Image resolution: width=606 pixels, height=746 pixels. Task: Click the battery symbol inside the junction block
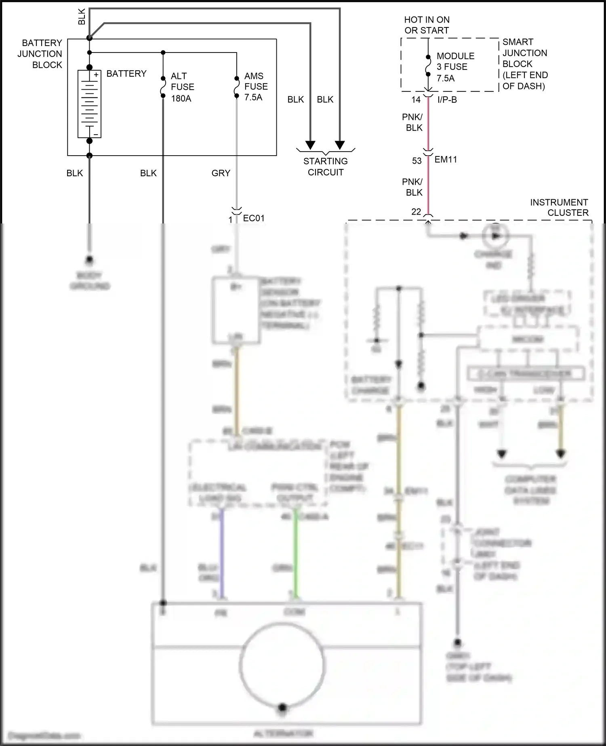pyautogui.click(x=89, y=104)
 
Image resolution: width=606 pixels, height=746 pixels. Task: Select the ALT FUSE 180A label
pyautogui.click(x=182, y=87)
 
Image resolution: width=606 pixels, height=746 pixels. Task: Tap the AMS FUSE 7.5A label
pyautogui.click(x=255, y=86)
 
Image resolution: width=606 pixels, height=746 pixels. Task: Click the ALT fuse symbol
pyautogui.click(x=163, y=87)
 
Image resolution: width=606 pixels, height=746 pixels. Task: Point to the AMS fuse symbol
pyautogui.click(x=237, y=87)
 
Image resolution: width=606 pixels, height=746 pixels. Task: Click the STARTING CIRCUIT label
pyautogui.click(x=325, y=166)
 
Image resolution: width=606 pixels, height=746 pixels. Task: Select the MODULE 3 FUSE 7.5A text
pyautogui.click(x=455, y=67)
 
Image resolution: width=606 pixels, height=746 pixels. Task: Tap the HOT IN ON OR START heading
pyautogui.click(x=427, y=25)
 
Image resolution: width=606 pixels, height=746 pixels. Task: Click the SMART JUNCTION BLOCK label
pyautogui.click(x=524, y=64)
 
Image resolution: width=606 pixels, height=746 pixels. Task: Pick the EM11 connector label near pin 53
pyautogui.click(x=446, y=160)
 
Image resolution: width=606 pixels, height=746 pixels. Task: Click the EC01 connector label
pyautogui.click(x=254, y=218)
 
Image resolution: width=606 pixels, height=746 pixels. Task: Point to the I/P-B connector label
pyautogui.click(x=447, y=100)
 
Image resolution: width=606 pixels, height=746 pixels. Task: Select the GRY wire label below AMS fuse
pyautogui.click(x=221, y=173)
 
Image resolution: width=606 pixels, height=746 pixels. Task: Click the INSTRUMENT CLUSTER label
pyautogui.click(x=559, y=207)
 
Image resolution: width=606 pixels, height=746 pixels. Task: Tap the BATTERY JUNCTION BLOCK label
pyautogui.click(x=40, y=54)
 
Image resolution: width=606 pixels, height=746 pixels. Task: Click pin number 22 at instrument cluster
pyautogui.click(x=416, y=212)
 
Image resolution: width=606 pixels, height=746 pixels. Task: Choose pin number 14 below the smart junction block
pyautogui.click(x=416, y=100)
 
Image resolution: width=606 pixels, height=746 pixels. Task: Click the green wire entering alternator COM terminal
pyautogui.click(x=295, y=554)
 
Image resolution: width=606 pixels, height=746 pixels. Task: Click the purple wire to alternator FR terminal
pyautogui.click(x=221, y=554)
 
